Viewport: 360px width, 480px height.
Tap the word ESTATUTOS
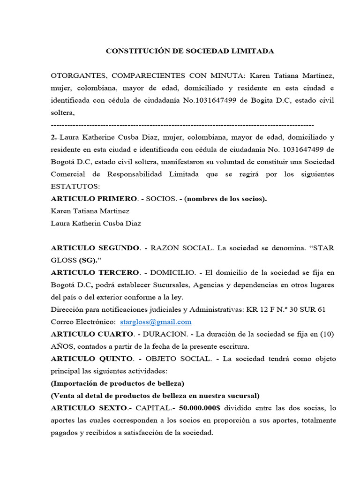tap(72, 187)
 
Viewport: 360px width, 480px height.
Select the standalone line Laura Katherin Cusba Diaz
tap(96, 223)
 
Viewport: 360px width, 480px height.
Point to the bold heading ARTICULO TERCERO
tap(95, 272)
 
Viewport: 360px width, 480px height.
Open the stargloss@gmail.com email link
tap(156, 322)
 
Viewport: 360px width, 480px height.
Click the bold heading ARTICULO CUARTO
tap(92, 334)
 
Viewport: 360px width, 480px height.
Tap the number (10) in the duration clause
tap(327, 334)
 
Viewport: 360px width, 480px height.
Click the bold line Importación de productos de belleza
tap(117, 383)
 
